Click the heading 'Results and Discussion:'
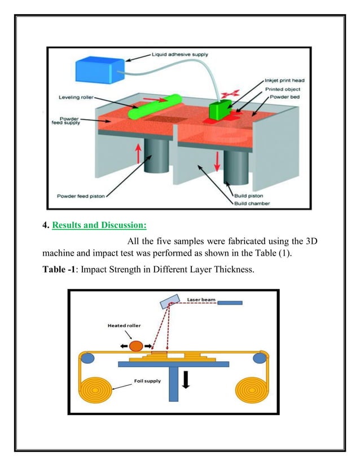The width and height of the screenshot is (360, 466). (x=99, y=226)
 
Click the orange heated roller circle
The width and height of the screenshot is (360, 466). (x=135, y=345)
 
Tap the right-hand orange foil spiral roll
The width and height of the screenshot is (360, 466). (x=251, y=390)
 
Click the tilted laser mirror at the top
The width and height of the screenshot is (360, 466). (x=168, y=303)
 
